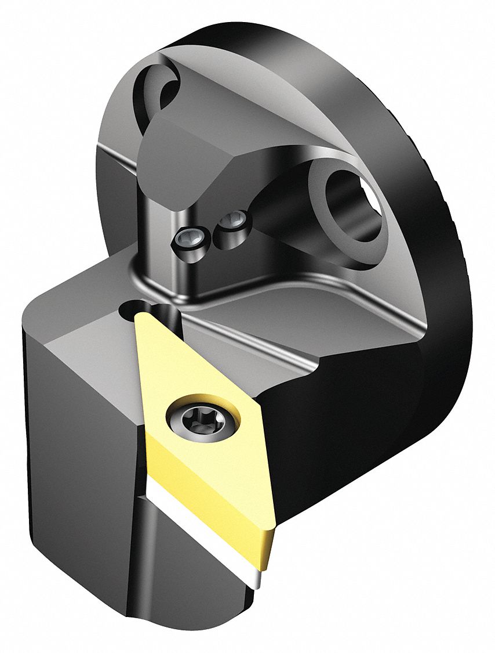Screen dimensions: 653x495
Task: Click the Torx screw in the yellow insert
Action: click(x=202, y=417)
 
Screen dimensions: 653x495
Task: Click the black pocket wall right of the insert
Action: click(x=325, y=441)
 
